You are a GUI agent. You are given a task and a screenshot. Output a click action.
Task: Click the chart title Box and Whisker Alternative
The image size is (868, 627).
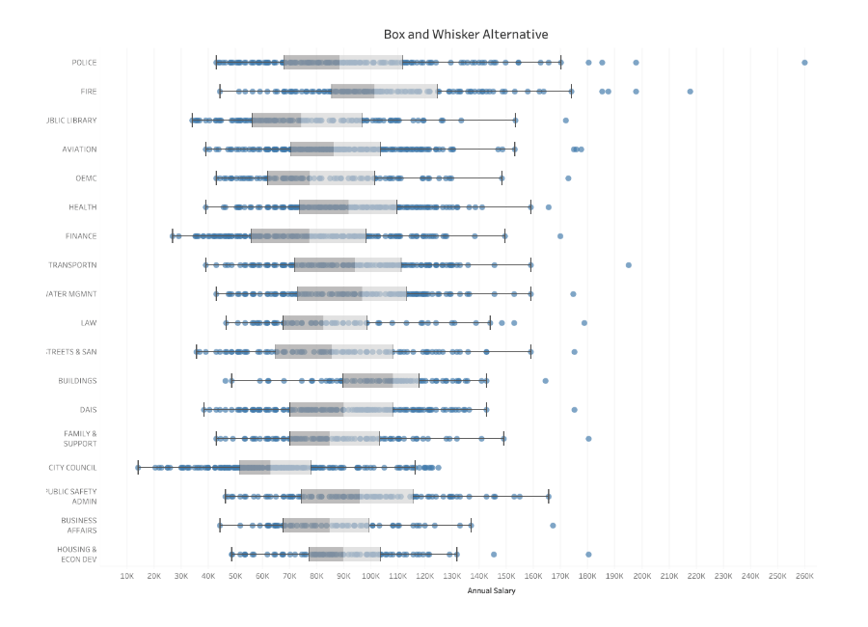[466, 35]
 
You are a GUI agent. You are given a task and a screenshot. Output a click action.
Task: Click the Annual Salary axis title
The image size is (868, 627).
[491, 591]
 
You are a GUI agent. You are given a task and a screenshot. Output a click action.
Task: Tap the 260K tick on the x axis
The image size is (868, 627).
[804, 576]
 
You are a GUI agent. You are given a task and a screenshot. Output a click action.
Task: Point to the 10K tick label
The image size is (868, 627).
[126, 576]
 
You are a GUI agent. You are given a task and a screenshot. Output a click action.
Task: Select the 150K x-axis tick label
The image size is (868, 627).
[506, 576]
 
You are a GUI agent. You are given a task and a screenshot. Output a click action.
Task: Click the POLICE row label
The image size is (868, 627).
[84, 63]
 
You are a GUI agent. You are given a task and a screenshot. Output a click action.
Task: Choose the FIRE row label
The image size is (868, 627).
[88, 92]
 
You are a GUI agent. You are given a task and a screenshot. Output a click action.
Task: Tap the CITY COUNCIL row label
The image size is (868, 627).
[72, 468]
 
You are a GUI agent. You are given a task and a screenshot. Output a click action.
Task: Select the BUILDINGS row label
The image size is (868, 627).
[77, 381]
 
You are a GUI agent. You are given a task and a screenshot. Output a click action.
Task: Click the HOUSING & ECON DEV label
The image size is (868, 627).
[78, 554]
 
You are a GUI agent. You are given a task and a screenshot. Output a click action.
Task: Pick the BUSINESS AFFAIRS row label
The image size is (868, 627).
[78, 525]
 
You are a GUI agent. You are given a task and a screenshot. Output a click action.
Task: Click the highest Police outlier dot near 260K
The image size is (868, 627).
[804, 63]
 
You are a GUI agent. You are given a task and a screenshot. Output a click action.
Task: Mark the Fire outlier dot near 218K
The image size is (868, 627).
[691, 92]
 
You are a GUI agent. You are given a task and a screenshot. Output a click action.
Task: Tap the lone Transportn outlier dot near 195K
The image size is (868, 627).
[628, 265]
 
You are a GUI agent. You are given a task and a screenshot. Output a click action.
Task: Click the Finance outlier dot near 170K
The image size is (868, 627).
[560, 236]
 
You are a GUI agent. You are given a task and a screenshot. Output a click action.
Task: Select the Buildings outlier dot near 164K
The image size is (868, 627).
[545, 381]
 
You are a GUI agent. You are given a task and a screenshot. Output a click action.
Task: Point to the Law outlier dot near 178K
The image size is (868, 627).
[584, 323]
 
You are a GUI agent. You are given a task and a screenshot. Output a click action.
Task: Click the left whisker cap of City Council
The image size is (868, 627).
[138, 468]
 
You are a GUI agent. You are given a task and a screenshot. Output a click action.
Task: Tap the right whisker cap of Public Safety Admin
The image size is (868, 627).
[549, 497]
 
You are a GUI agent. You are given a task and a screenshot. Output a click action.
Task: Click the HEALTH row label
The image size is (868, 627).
[82, 207]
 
